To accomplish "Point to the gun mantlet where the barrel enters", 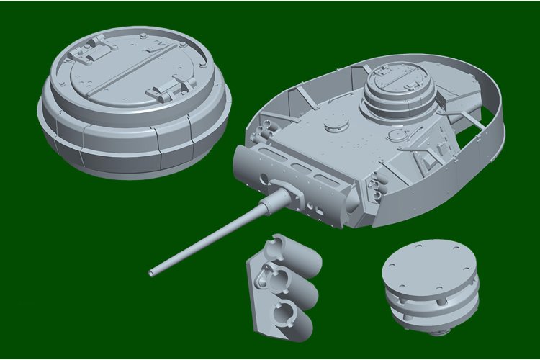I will click(288, 194).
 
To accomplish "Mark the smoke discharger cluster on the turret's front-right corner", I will click(376, 189).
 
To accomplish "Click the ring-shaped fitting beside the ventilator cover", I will click(395, 135).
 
